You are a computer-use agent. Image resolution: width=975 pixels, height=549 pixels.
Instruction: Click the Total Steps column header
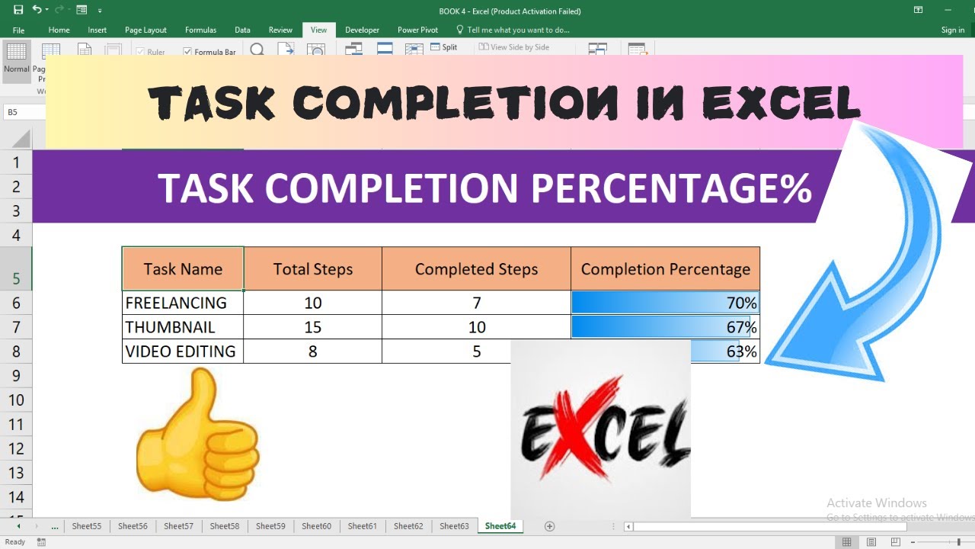312,269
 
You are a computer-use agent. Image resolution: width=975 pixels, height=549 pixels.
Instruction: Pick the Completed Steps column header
476,269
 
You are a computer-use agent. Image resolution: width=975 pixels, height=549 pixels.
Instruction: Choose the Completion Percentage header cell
665,269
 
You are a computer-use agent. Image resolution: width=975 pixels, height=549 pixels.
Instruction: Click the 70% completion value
741,303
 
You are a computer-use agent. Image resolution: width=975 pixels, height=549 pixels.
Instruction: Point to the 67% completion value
741,327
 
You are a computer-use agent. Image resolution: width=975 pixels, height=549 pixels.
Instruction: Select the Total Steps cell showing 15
312,327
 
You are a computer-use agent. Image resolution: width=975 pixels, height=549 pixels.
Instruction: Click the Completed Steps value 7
476,303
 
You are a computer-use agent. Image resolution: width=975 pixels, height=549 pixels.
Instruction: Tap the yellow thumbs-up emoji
197,435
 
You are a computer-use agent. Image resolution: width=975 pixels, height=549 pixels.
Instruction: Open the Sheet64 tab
500,526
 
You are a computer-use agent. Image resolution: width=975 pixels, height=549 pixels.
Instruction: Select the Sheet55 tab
87,526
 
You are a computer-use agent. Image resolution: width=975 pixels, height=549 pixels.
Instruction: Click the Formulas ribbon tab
200,30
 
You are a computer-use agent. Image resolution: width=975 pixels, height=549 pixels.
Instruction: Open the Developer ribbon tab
362,30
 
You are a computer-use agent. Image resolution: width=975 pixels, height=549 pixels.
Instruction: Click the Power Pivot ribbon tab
417,30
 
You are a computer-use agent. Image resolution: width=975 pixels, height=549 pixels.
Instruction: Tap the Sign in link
952,30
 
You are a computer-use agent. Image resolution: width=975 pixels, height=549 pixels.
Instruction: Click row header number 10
16,400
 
